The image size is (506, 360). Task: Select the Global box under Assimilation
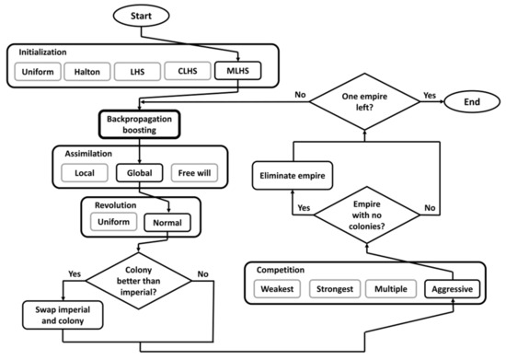click(x=139, y=171)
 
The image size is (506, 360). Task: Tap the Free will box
click(x=193, y=171)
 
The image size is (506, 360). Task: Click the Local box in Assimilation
click(x=84, y=171)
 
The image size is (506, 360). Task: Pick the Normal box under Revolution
click(x=167, y=222)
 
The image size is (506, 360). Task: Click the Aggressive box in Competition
click(x=452, y=288)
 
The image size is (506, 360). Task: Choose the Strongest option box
click(x=338, y=288)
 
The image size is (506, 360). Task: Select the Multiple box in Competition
click(x=396, y=288)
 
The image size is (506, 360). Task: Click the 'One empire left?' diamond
click(x=366, y=102)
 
